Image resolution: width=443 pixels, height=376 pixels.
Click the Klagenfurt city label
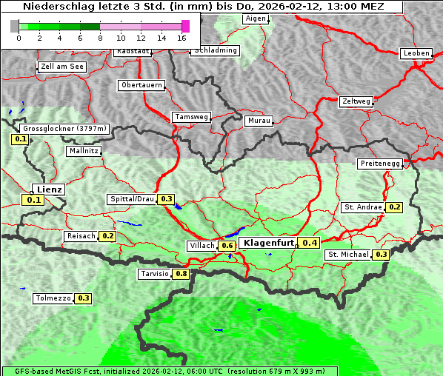[268, 243]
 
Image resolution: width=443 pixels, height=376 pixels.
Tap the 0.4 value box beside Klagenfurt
[310, 243]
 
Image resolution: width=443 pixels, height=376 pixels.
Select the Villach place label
[202, 246]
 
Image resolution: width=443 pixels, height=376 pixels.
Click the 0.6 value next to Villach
[227, 246]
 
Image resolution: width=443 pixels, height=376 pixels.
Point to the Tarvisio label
[154, 274]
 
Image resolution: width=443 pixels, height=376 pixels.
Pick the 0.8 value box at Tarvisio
[181, 274]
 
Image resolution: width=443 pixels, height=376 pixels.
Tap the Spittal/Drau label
[132, 199]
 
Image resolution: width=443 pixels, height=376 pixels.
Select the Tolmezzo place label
[53, 299]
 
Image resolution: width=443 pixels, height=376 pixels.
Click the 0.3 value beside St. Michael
[382, 255]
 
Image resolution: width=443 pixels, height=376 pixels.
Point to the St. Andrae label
[363, 207]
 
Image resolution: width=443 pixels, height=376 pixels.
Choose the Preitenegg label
[379, 164]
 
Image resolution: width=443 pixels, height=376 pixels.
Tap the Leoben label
[416, 53]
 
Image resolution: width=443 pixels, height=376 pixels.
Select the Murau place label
[259, 120]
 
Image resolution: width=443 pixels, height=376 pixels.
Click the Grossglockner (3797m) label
[66, 129]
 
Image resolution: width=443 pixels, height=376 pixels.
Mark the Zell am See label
[61, 67]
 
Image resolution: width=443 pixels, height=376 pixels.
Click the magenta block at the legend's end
[185, 26]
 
